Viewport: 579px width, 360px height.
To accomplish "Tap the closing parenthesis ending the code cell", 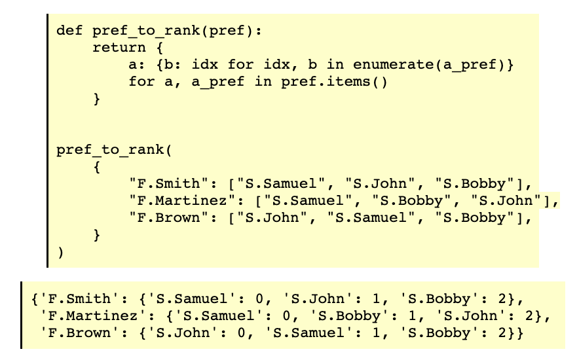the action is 60,252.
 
